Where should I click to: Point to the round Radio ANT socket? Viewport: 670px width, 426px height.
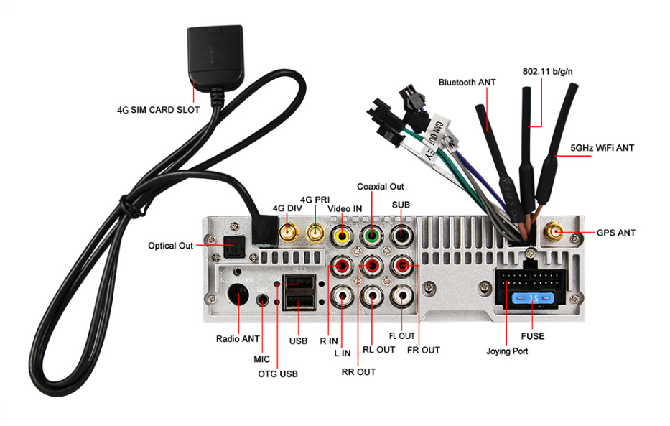click(238, 295)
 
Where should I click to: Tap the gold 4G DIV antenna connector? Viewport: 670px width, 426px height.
click(289, 233)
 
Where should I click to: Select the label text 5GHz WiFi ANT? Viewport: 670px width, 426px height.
click(602, 149)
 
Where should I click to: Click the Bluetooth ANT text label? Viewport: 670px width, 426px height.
click(467, 83)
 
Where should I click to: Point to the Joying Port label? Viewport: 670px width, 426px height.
click(508, 351)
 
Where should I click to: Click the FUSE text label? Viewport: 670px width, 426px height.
click(532, 335)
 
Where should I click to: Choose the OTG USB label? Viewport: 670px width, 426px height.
click(278, 374)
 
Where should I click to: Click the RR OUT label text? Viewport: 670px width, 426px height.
click(358, 371)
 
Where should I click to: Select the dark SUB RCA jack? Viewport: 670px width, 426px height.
click(401, 236)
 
